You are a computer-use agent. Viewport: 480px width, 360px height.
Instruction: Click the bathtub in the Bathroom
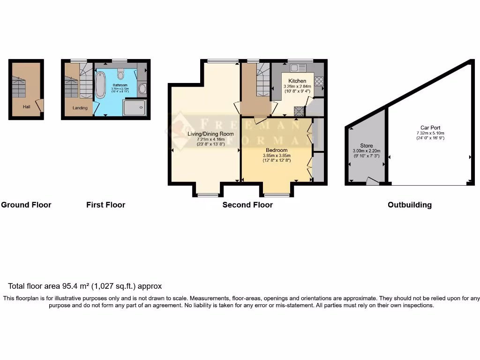100,85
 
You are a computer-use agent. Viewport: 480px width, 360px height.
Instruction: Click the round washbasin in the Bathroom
142,89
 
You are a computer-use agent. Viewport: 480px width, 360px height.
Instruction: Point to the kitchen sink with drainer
298,68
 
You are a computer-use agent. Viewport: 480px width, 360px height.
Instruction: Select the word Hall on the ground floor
27,107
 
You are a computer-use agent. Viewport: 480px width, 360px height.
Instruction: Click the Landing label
80,108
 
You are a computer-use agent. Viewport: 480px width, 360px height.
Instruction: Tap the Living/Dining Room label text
210,134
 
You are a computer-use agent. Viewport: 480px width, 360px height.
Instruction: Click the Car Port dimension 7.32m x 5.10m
430,133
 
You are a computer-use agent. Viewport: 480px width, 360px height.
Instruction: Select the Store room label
366,145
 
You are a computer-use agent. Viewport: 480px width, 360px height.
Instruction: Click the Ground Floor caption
26,205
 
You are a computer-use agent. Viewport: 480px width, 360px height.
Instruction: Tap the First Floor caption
105,205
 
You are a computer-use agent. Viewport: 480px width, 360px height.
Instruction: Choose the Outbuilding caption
409,205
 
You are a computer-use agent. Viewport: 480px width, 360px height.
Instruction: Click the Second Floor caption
247,205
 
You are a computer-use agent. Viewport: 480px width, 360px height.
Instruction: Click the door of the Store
373,181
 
